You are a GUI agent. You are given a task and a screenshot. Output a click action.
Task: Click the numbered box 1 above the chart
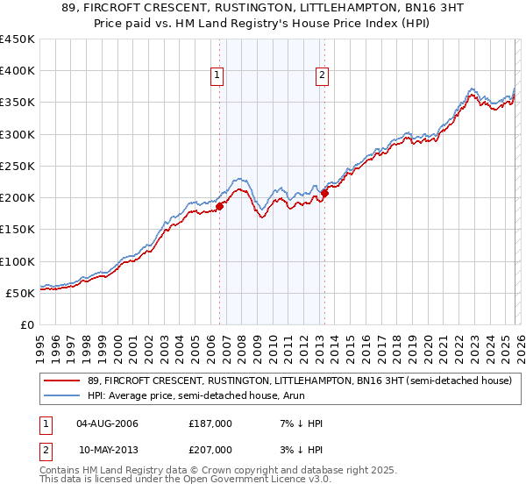(x=217, y=76)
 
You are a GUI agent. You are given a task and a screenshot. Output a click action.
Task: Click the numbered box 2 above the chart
(x=322, y=76)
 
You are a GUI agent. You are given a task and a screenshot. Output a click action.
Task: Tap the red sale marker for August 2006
(x=220, y=206)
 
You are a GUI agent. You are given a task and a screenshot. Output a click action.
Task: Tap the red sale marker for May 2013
(x=324, y=194)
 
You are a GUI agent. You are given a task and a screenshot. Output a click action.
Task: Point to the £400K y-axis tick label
(x=18, y=71)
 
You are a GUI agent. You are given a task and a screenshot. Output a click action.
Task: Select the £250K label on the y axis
(x=18, y=166)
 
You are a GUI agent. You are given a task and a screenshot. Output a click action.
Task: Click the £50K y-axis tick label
(x=21, y=293)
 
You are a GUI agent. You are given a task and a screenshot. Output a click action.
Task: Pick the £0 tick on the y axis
(x=28, y=324)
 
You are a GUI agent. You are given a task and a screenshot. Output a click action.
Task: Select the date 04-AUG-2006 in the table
(x=108, y=423)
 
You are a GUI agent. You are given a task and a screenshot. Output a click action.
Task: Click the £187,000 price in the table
(x=210, y=423)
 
